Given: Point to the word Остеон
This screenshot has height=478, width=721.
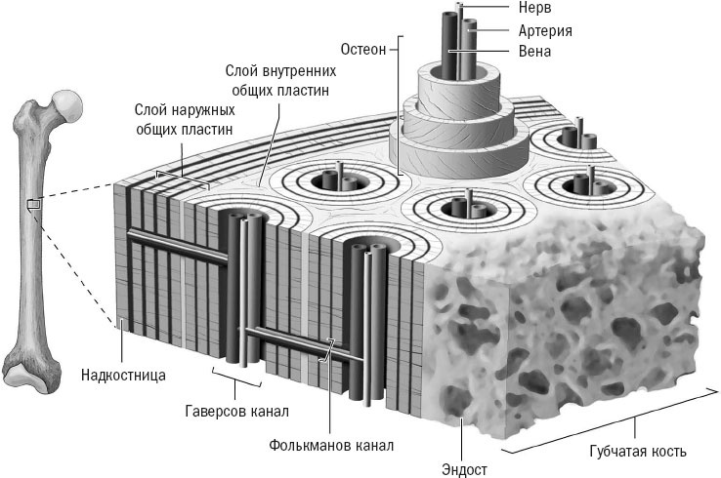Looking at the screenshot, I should pyautogui.click(x=365, y=47).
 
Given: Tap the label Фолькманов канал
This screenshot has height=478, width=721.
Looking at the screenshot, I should pyautogui.click(x=330, y=446).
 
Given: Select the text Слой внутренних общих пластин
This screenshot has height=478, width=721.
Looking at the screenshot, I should pyautogui.click(x=281, y=80).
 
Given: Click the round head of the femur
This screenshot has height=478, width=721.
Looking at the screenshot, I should pyautogui.click(x=65, y=100).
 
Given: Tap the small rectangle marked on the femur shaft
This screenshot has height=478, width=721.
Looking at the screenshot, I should pyautogui.click(x=32, y=204).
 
